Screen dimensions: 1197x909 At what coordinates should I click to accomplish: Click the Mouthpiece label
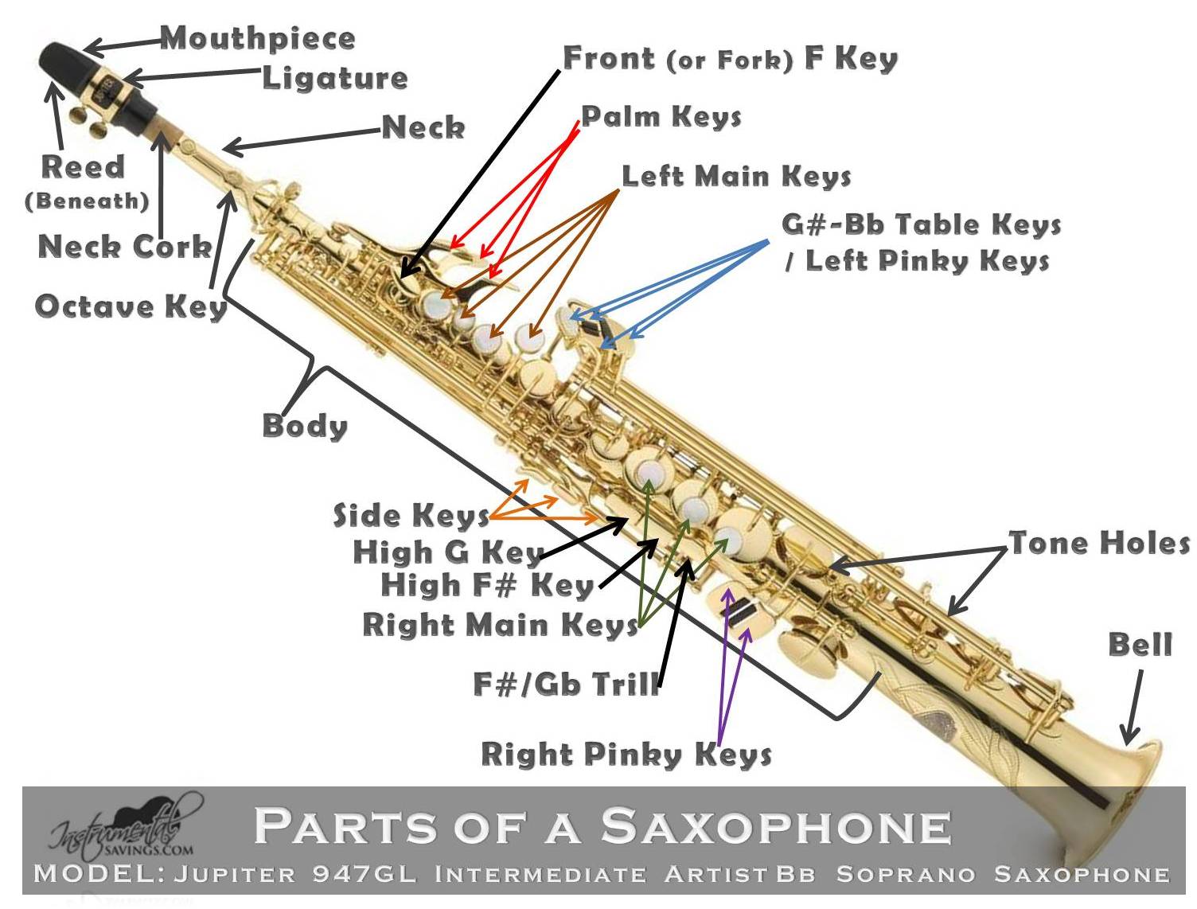[x=258, y=37]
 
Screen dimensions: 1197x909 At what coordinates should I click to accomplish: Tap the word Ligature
[x=335, y=77]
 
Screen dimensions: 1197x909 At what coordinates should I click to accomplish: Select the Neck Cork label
[x=125, y=246]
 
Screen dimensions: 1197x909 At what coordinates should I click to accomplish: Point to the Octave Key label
[x=131, y=306]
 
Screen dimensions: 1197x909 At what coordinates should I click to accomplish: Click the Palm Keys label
[x=661, y=116]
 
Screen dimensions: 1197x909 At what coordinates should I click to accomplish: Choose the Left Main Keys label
[x=736, y=176]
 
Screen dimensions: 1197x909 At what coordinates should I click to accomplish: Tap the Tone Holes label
[x=1099, y=543]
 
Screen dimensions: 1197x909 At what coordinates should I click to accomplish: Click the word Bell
[x=1140, y=644]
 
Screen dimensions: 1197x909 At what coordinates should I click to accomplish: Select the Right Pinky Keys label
[x=626, y=754]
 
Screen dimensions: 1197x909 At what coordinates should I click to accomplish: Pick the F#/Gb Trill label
[x=567, y=684]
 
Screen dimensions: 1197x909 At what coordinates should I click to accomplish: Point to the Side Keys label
[x=411, y=516]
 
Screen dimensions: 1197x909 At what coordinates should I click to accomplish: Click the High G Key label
[x=448, y=552]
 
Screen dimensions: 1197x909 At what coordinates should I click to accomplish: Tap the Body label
[x=305, y=425]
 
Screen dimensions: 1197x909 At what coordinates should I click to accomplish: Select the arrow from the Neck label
[x=302, y=138]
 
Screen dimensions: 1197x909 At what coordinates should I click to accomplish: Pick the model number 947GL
[x=364, y=874]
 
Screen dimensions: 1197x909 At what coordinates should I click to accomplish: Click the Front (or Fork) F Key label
[x=730, y=58]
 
